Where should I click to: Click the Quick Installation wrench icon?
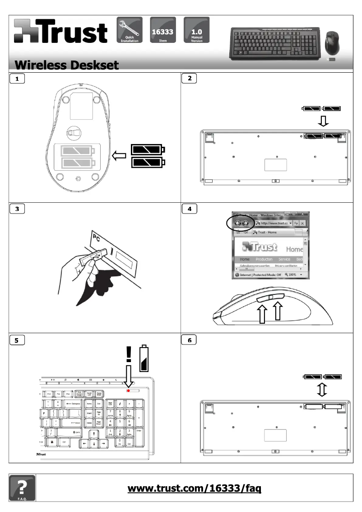[130, 30]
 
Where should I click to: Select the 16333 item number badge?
[162, 30]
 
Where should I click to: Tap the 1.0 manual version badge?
[197, 30]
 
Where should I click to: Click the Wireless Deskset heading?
[67, 65]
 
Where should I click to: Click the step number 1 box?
[17, 79]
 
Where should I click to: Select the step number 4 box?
[189, 209]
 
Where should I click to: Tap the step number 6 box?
[189, 340]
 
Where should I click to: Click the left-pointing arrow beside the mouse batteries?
[119, 156]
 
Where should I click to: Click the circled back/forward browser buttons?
[241, 223]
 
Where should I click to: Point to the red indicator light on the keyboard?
[129, 390]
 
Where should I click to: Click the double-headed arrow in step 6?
[322, 388]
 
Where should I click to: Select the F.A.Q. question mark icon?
[22, 488]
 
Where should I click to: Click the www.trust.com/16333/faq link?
[195, 488]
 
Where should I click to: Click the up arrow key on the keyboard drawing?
[94, 433]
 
